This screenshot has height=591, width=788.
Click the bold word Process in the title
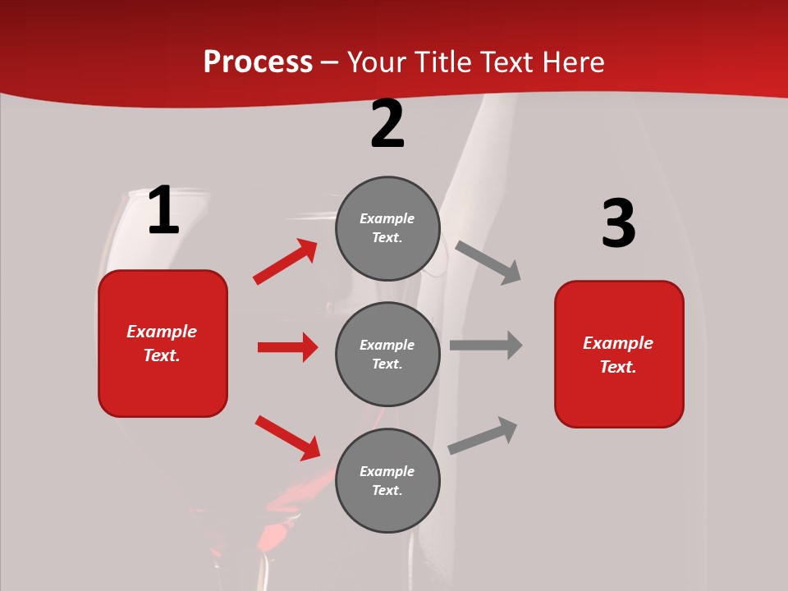click(x=258, y=62)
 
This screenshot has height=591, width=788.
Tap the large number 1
click(x=163, y=211)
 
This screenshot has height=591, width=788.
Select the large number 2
click(x=387, y=124)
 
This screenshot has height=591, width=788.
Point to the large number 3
click(x=618, y=224)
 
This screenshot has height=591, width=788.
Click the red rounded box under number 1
click(x=163, y=343)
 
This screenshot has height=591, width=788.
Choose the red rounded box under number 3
click(x=619, y=354)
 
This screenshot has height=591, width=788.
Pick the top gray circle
click(x=387, y=228)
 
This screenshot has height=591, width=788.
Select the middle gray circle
click(x=387, y=354)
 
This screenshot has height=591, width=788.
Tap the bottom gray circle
click(x=387, y=480)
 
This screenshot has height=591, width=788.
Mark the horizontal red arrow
click(x=287, y=347)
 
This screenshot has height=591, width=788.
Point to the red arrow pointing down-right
click(x=287, y=438)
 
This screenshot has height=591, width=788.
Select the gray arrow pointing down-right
click(x=488, y=262)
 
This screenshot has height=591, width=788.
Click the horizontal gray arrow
click(x=486, y=346)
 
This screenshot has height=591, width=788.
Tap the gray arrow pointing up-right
click(x=483, y=435)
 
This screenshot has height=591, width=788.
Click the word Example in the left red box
click(x=162, y=332)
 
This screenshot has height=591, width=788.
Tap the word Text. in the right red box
click(x=618, y=367)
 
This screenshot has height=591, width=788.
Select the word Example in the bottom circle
click(x=387, y=471)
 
